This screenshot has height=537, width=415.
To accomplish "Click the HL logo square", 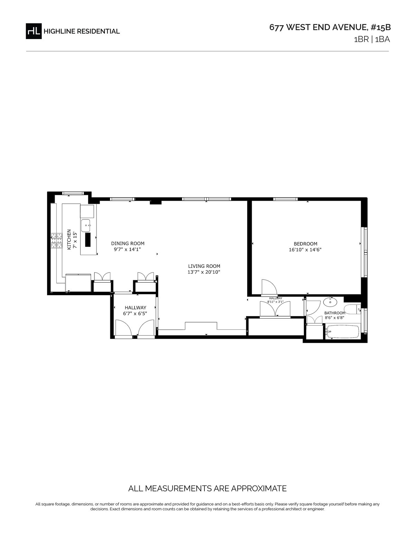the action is (34, 31).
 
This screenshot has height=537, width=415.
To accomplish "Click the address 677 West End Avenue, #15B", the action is (330, 27).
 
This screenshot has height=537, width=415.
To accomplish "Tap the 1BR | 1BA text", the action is (372, 39).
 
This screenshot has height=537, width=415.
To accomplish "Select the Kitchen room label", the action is (69, 239).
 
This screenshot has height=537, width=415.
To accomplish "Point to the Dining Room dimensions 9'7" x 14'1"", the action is (127, 249).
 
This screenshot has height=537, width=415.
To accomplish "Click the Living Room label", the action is (204, 266).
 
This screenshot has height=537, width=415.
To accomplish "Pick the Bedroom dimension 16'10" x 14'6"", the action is (305, 249).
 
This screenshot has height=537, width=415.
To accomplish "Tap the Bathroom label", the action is (334, 313).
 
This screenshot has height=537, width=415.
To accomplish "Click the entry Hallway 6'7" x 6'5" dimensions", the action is (135, 313).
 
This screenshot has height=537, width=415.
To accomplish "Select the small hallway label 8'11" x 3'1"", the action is (275, 302).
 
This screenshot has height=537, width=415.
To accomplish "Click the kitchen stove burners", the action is (56, 240).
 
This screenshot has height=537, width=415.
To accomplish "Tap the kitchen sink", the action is (87, 225).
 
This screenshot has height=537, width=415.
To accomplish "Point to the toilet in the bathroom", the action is (352, 309).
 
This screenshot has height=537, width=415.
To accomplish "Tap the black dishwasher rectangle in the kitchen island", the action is (88, 239).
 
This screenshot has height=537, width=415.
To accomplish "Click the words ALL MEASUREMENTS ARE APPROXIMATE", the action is (207, 488).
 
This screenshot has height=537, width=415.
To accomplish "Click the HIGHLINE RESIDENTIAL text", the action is (82, 31).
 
